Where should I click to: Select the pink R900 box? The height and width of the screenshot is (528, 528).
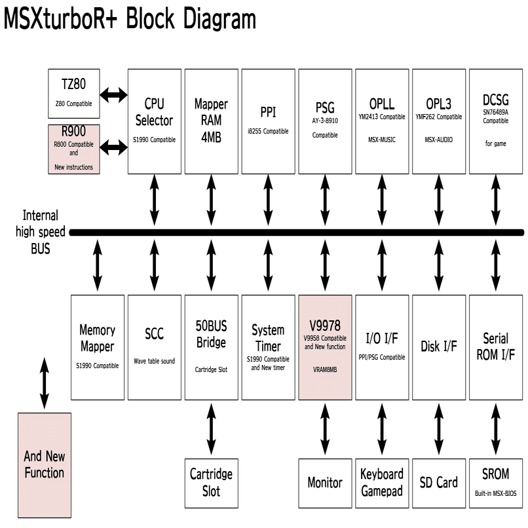[73, 149]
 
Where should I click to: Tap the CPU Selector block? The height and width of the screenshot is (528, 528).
[154, 121]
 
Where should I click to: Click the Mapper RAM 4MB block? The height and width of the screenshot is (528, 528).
[211, 121]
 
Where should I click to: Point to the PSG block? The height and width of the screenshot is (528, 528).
[325, 121]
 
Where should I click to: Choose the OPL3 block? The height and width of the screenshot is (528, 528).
[439, 121]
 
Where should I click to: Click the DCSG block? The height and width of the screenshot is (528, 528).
[496, 121]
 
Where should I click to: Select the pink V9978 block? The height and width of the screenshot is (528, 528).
[325, 347]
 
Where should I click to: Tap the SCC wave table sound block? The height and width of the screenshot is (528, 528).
[154, 347]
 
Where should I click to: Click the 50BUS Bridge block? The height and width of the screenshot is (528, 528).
[211, 347]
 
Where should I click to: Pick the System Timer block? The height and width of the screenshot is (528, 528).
[268, 347]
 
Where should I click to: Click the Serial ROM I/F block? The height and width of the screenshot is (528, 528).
[496, 347]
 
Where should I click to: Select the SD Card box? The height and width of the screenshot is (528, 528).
[439, 483]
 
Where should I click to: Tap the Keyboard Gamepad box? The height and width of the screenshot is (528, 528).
[382, 483]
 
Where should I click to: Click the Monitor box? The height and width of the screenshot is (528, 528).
[325, 483]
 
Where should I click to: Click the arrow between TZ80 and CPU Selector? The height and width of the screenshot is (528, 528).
[113, 96]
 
